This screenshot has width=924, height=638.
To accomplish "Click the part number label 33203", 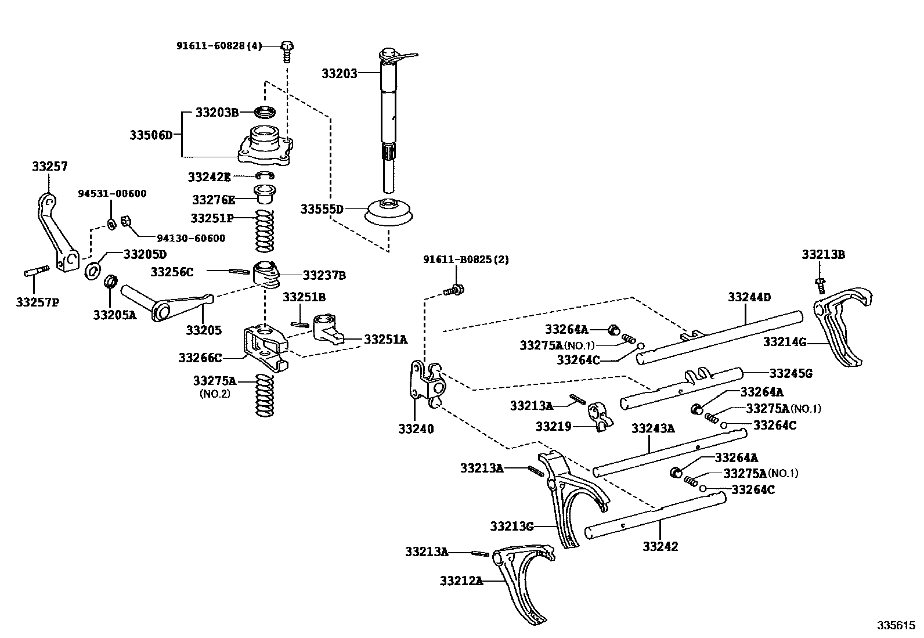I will tap(339, 74).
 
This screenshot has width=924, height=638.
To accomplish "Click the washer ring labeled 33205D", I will tap(92, 271).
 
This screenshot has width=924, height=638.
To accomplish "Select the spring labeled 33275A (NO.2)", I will tap(265, 395).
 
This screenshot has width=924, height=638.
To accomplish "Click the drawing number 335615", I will tap(895, 626).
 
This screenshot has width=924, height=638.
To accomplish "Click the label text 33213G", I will tap(511, 527).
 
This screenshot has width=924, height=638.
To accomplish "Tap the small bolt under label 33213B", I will tap(820, 284).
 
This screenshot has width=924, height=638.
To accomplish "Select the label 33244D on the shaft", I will tap(749, 297).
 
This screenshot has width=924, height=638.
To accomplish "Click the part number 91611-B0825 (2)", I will tap(465, 259).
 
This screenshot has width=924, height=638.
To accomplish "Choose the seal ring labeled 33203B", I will tap(266, 111).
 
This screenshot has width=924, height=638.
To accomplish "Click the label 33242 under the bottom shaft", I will tap(660, 546).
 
